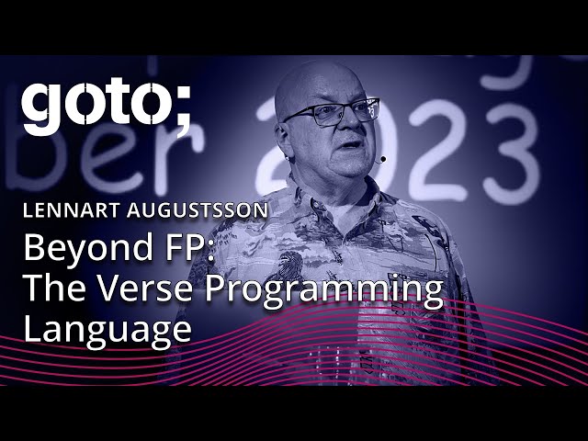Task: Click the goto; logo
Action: [107, 107]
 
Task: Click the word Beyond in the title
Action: [84, 250]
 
